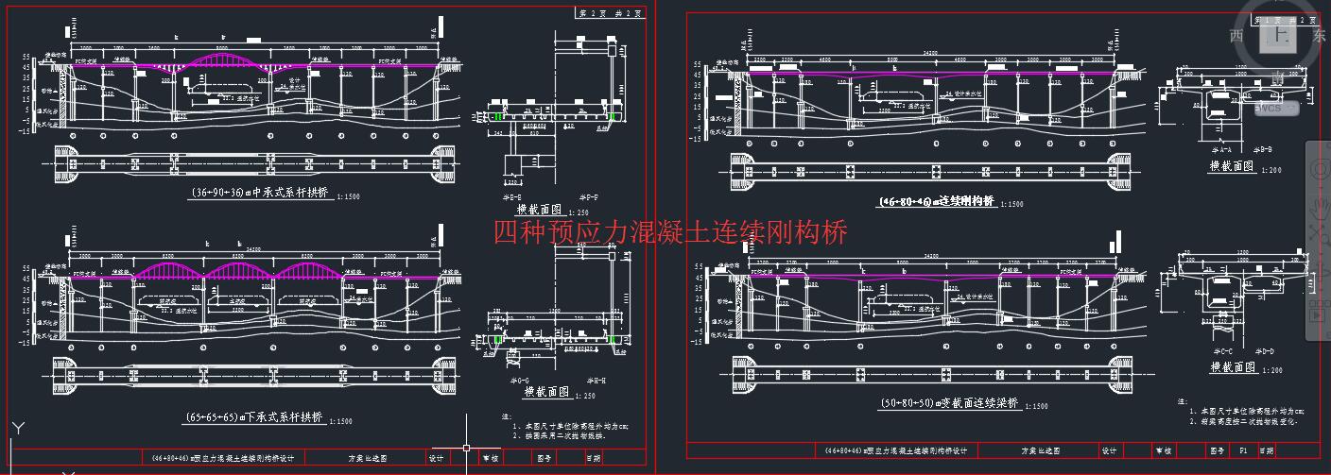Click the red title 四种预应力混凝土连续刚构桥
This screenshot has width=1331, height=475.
[x=670, y=231]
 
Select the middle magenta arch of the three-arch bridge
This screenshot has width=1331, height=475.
[x=240, y=270]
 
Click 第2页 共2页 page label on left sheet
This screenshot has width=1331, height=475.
[x=610, y=13]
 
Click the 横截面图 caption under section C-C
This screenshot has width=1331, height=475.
[x=1232, y=367]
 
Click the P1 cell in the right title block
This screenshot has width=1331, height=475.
[x=1243, y=451]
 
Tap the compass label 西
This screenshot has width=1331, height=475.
[x=1236, y=36]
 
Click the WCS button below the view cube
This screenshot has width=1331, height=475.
[x=1269, y=108]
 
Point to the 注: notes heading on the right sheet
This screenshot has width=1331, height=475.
[x=1182, y=401]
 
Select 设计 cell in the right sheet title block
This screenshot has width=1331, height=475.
[x=1110, y=451]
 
